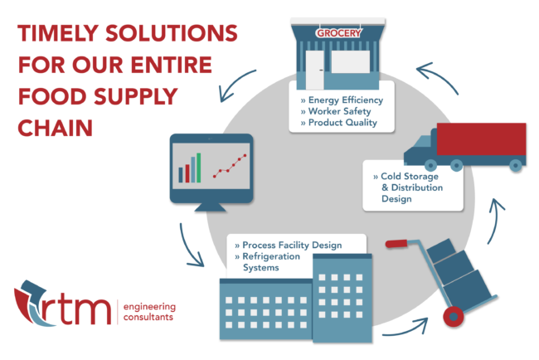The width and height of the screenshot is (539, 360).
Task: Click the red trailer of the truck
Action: point(481,139)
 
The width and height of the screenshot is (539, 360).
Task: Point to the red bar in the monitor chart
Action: point(187,172)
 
